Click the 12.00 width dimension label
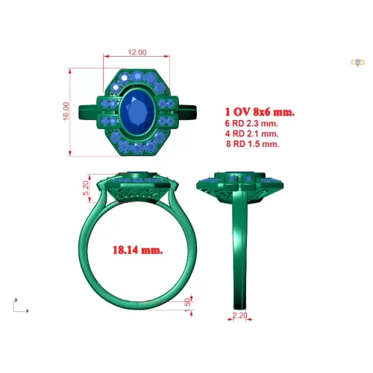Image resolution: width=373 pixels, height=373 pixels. [x=137, y=52]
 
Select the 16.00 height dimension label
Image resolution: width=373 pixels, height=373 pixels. [x=66, y=111]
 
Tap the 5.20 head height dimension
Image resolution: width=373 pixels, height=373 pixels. [x=86, y=188]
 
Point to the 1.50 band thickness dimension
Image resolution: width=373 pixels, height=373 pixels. [x=188, y=305]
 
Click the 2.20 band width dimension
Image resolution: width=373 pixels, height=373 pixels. [x=240, y=316]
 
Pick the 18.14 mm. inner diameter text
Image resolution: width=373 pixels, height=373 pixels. [x=138, y=250]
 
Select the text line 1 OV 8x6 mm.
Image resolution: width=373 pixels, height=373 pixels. [x=260, y=112]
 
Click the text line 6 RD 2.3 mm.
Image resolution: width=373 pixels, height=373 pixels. [x=251, y=123]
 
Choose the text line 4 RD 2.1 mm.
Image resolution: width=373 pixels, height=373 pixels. [x=251, y=134]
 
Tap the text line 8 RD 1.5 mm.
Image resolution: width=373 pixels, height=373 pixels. [x=253, y=144]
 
